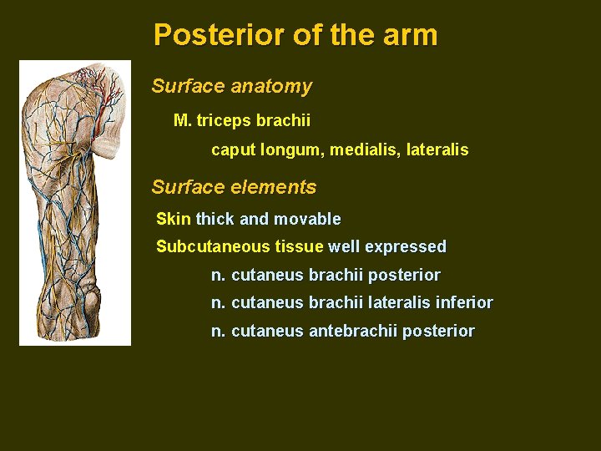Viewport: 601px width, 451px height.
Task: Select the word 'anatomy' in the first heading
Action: (x=271, y=86)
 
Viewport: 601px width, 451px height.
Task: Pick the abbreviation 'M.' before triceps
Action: (x=182, y=120)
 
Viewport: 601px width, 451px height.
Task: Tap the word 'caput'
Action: (x=233, y=150)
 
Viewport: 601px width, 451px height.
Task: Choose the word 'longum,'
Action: (x=291, y=150)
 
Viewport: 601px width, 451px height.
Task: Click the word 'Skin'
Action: (x=174, y=219)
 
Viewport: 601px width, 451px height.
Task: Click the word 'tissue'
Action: (x=299, y=246)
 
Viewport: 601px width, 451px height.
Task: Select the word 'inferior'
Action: (x=464, y=302)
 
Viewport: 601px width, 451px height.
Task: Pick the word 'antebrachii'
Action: (x=353, y=331)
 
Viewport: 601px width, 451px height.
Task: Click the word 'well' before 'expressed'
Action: (x=344, y=246)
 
